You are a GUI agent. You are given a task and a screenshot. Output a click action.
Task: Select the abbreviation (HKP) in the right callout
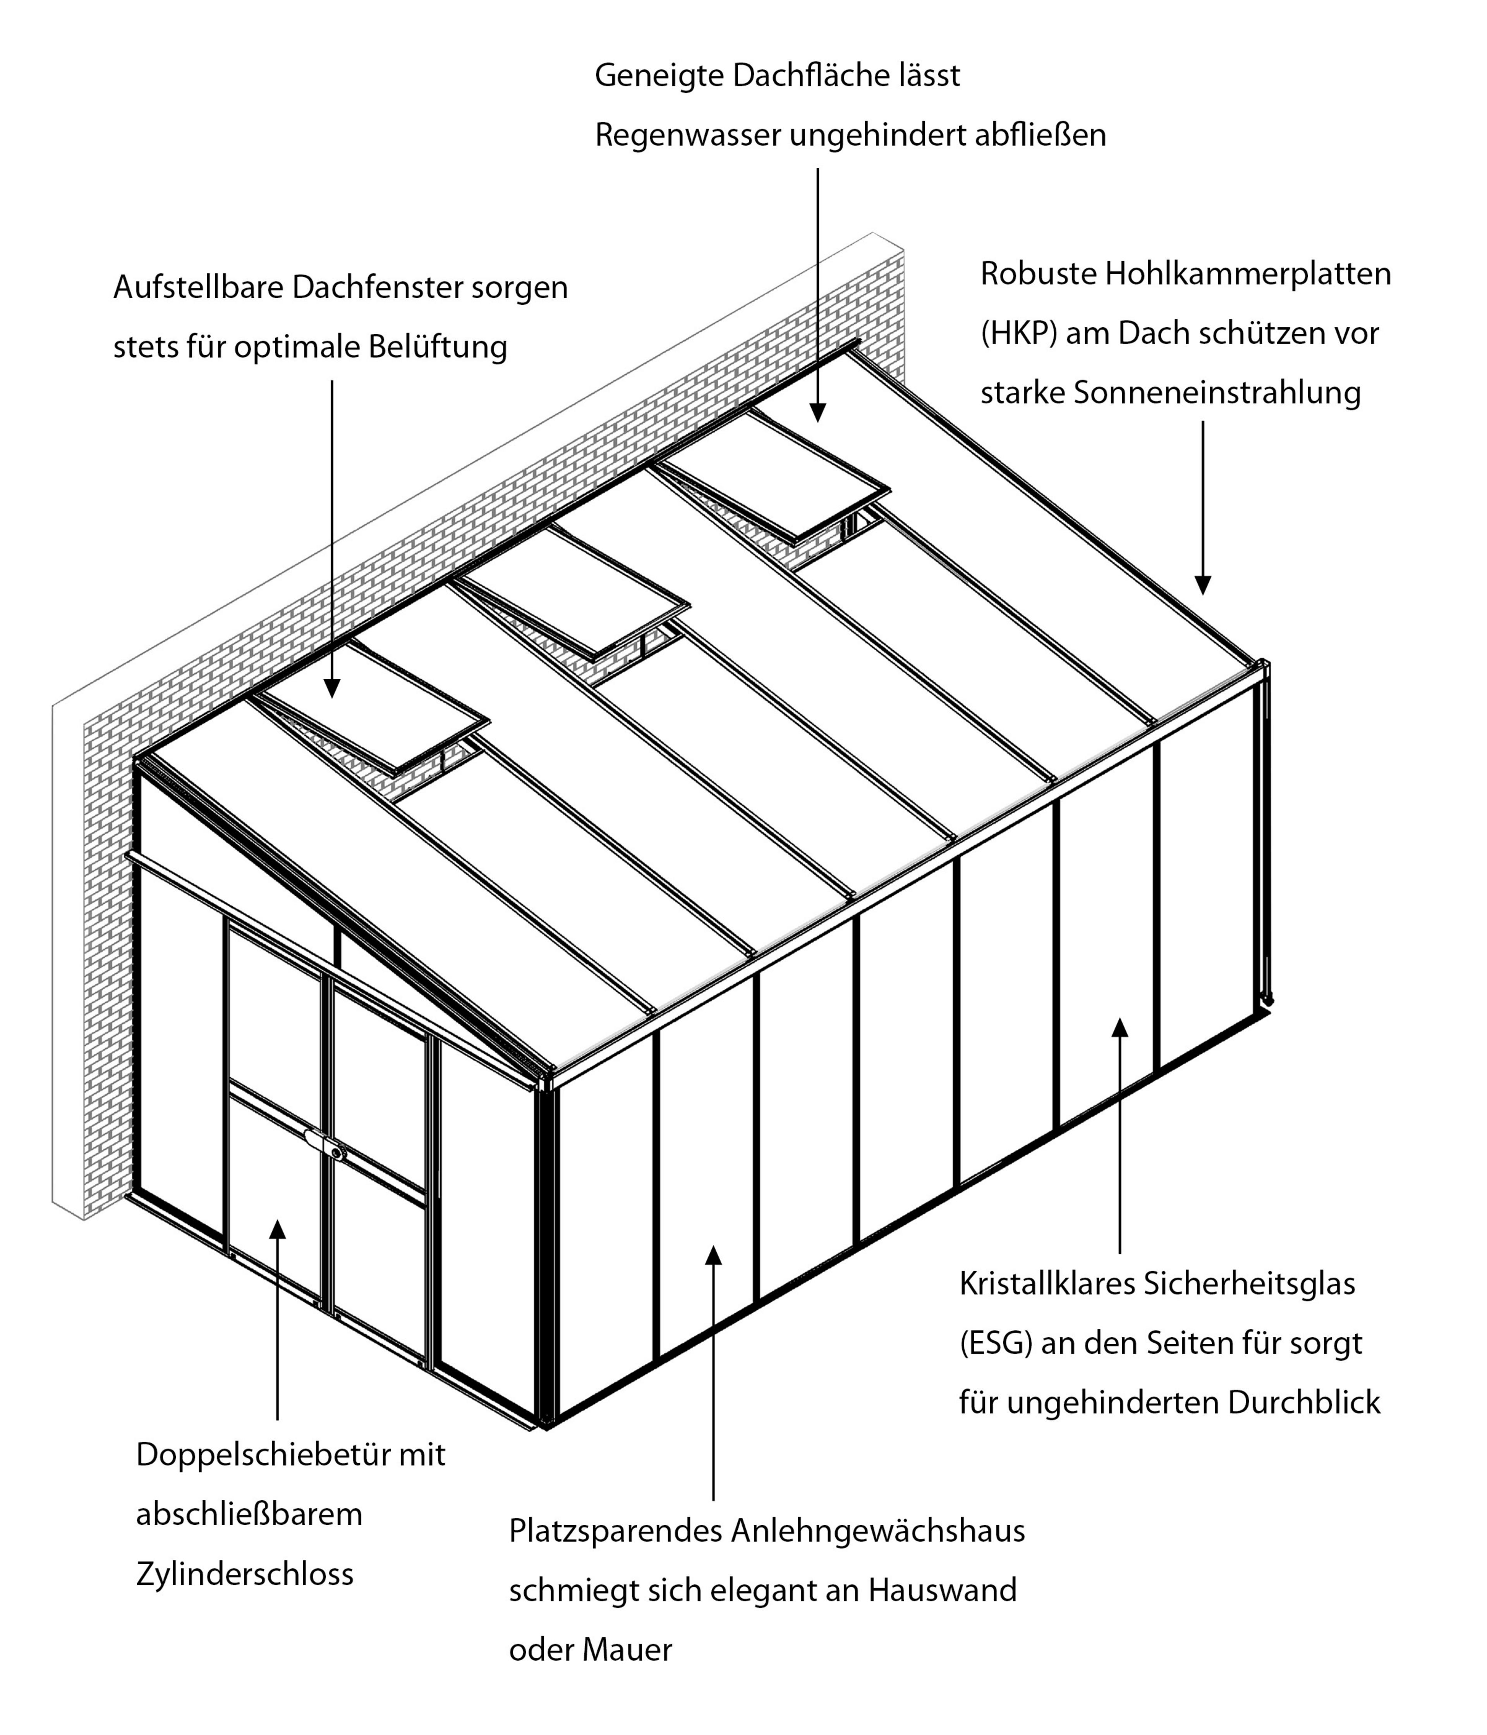(x=1019, y=333)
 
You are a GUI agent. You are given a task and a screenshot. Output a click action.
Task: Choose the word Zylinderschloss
(x=244, y=1574)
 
